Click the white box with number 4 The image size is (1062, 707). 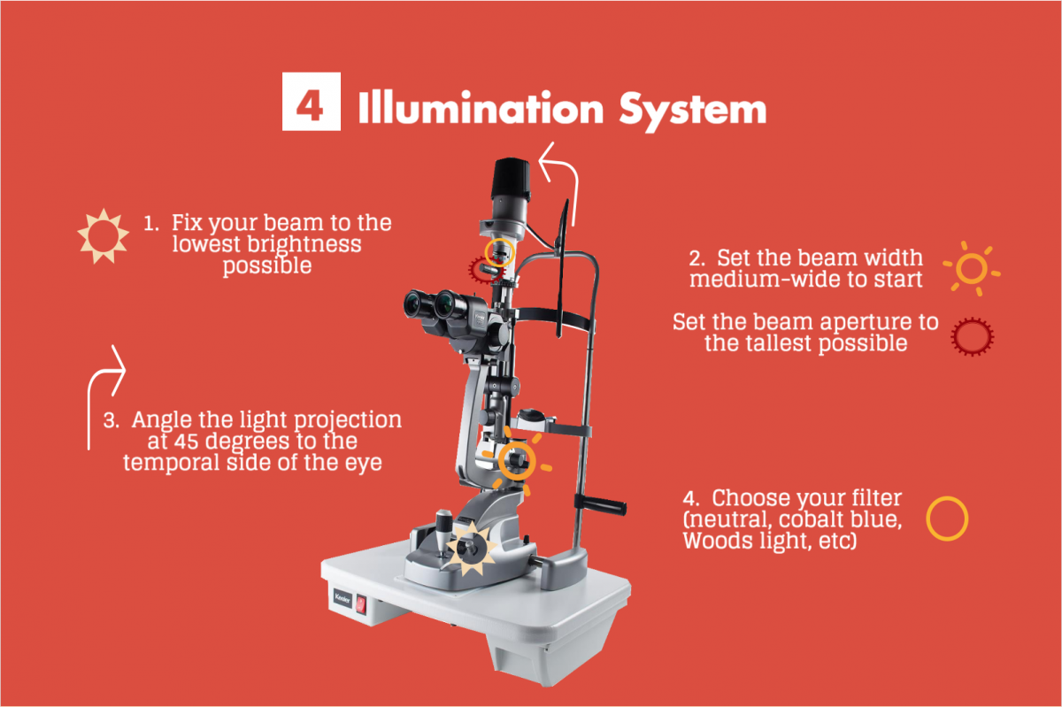click(x=311, y=101)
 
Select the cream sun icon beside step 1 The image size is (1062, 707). click(x=104, y=235)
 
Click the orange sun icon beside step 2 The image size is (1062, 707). click(x=972, y=268)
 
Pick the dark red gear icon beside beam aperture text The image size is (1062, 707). click(x=973, y=336)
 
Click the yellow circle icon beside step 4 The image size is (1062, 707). click(x=947, y=519)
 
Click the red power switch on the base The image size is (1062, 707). click(x=361, y=604)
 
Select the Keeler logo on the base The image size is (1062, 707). click(x=342, y=598)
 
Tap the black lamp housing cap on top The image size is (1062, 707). click(x=512, y=179)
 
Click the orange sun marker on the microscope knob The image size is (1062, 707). click(x=517, y=461)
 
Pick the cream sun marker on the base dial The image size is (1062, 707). click(x=471, y=549)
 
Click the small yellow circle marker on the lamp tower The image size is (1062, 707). click(x=500, y=252)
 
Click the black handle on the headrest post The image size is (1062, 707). click(x=601, y=505)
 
